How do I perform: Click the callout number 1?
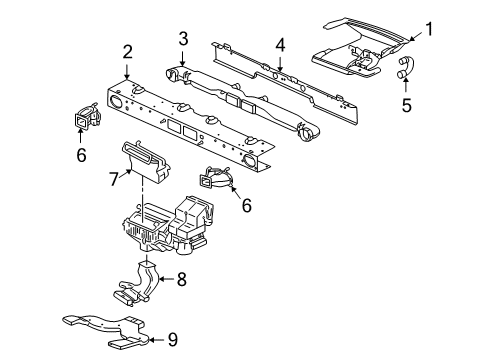tap(429, 29)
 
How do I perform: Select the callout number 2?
tap(127, 52)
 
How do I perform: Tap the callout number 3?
tap(183, 38)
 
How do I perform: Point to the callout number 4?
tap(280, 45)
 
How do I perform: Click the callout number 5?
tap(406, 105)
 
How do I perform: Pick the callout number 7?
tap(114, 179)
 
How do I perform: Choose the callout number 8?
tap(181, 279)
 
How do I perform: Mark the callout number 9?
tap(172, 340)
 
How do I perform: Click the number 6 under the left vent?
tap(81, 155)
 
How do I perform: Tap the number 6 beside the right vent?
tap(246, 205)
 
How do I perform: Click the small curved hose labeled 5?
tap(405, 68)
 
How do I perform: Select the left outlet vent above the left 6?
tap(87, 117)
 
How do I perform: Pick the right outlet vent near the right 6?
tap(215, 178)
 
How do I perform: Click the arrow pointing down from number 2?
tap(127, 70)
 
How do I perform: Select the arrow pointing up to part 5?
tap(406, 84)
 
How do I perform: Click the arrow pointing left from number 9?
tap(156, 340)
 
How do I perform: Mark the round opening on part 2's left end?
tap(115, 101)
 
